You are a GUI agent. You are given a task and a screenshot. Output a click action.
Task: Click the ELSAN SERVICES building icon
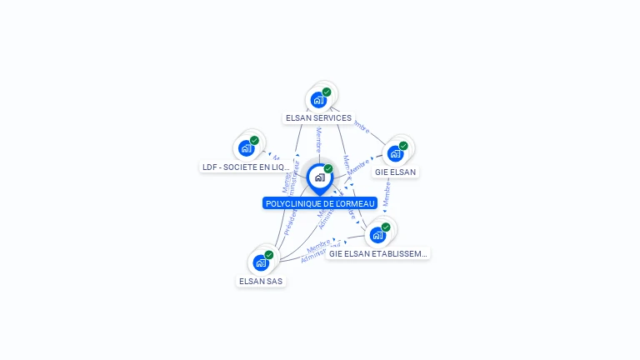click(x=318, y=100)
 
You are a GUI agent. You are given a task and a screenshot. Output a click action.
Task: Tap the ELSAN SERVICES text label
click(x=318, y=118)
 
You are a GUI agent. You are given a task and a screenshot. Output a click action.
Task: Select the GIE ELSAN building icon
click(x=395, y=153)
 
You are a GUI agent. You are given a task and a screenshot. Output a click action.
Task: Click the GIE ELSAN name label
click(x=395, y=172)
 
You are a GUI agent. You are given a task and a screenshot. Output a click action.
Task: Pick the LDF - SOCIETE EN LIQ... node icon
click(x=246, y=148)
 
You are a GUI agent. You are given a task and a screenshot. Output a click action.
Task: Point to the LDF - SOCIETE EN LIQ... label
click(x=246, y=167)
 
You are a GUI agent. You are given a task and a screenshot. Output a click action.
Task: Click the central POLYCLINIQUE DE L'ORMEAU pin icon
click(x=319, y=177)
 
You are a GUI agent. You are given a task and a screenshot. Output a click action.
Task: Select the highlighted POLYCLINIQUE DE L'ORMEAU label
click(x=320, y=203)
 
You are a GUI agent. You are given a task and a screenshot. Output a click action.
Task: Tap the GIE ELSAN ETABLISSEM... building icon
click(x=377, y=235)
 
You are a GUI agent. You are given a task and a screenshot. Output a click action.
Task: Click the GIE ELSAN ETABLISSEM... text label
click(x=378, y=253)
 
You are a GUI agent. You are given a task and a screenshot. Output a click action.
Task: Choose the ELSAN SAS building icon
click(x=260, y=263)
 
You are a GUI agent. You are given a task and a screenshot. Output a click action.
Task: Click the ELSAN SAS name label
click(x=262, y=282)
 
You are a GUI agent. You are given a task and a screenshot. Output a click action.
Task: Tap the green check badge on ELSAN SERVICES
click(x=327, y=92)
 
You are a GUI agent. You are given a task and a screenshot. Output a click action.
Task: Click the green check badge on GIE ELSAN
click(x=403, y=146)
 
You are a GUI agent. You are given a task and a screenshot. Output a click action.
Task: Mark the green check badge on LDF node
click(x=254, y=140)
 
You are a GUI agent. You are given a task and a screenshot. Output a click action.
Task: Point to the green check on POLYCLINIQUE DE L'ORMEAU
click(x=328, y=168)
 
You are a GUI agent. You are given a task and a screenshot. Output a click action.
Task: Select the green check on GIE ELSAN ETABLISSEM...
click(x=386, y=227)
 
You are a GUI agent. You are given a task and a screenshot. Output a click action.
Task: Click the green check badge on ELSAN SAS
click(x=268, y=255)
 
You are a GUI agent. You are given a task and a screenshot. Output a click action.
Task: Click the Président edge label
click(x=290, y=222)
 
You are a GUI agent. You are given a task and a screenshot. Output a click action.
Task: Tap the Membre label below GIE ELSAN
click(x=387, y=192)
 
